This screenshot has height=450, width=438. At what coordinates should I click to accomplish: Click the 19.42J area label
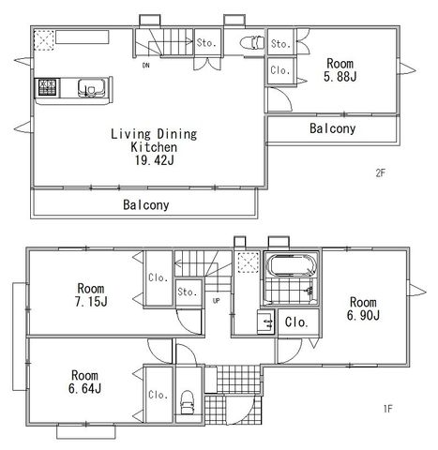[x=154, y=160]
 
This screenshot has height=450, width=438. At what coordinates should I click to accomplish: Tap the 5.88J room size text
[x=340, y=77]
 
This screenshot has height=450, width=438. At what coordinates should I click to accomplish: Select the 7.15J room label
[x=91, y=302]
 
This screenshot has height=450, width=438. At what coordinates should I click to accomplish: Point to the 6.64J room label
[x=84, y=389]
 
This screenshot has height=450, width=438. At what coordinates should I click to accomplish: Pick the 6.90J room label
[x=363, y=315]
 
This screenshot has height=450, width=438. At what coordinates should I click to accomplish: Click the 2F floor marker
[x=380, y=173]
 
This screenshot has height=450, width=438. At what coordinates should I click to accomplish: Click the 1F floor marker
[x=387, y=409]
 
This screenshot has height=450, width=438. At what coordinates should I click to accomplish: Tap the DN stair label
[x=145, y=66]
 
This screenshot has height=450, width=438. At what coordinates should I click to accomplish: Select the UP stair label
[x=216, y=301]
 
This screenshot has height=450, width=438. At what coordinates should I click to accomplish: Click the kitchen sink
[x=91, y=88]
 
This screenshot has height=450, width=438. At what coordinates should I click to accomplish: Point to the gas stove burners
[x=48, y=87]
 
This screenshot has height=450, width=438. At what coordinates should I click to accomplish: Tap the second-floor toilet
[x=252, y=42]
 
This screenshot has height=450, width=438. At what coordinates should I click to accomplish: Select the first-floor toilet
[x=188, y=403]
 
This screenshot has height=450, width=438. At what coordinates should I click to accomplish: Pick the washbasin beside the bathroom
[x=265, y=322]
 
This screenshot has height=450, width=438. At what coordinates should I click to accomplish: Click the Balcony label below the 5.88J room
[x=333, y=128]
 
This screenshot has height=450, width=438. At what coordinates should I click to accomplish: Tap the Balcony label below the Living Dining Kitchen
[x=146, y=205]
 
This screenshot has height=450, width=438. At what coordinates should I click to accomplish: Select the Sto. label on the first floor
[x=188, y=292]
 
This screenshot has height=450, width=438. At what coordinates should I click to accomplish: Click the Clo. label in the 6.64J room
[x=159, y=395]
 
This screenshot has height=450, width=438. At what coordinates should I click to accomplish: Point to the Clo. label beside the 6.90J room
[x=296, y=322]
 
